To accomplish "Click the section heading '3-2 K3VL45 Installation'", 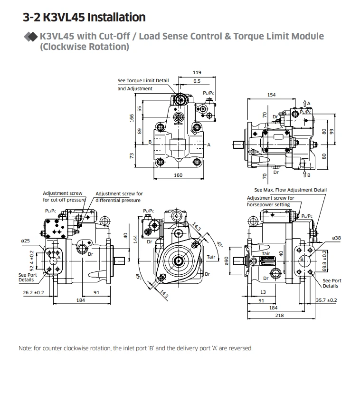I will tap(84, 18).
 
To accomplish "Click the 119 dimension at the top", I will tap(197, 73).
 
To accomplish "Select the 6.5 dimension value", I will tap(197, 81).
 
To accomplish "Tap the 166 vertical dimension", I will tap(133, 117).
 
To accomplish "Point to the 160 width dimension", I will tap(178, 175).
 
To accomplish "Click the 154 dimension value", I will tap(271, 95).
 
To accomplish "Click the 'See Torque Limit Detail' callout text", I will tap(143, 81).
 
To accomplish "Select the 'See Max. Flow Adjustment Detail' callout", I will tap(290, 190).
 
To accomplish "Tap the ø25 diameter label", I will tap(26, 241).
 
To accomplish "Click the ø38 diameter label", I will tap(337, 238).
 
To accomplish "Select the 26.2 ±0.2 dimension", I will tap(33, 292).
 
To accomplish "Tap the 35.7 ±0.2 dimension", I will tap(326, 300).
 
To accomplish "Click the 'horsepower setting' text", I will tap(268, 205).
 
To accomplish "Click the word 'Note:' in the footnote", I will tap(25, 348).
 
